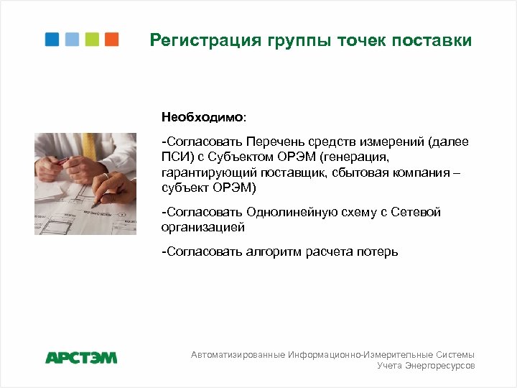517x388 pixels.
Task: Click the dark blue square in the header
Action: (52, 39)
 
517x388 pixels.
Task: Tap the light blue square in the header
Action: (72, 39)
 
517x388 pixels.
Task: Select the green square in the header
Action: (92, 39)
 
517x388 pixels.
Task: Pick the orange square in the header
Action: (111, 39)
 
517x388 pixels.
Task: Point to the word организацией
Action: (203, 228)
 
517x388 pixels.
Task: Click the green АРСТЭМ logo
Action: (80, 357)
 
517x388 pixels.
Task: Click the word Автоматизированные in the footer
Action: (238, 354)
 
